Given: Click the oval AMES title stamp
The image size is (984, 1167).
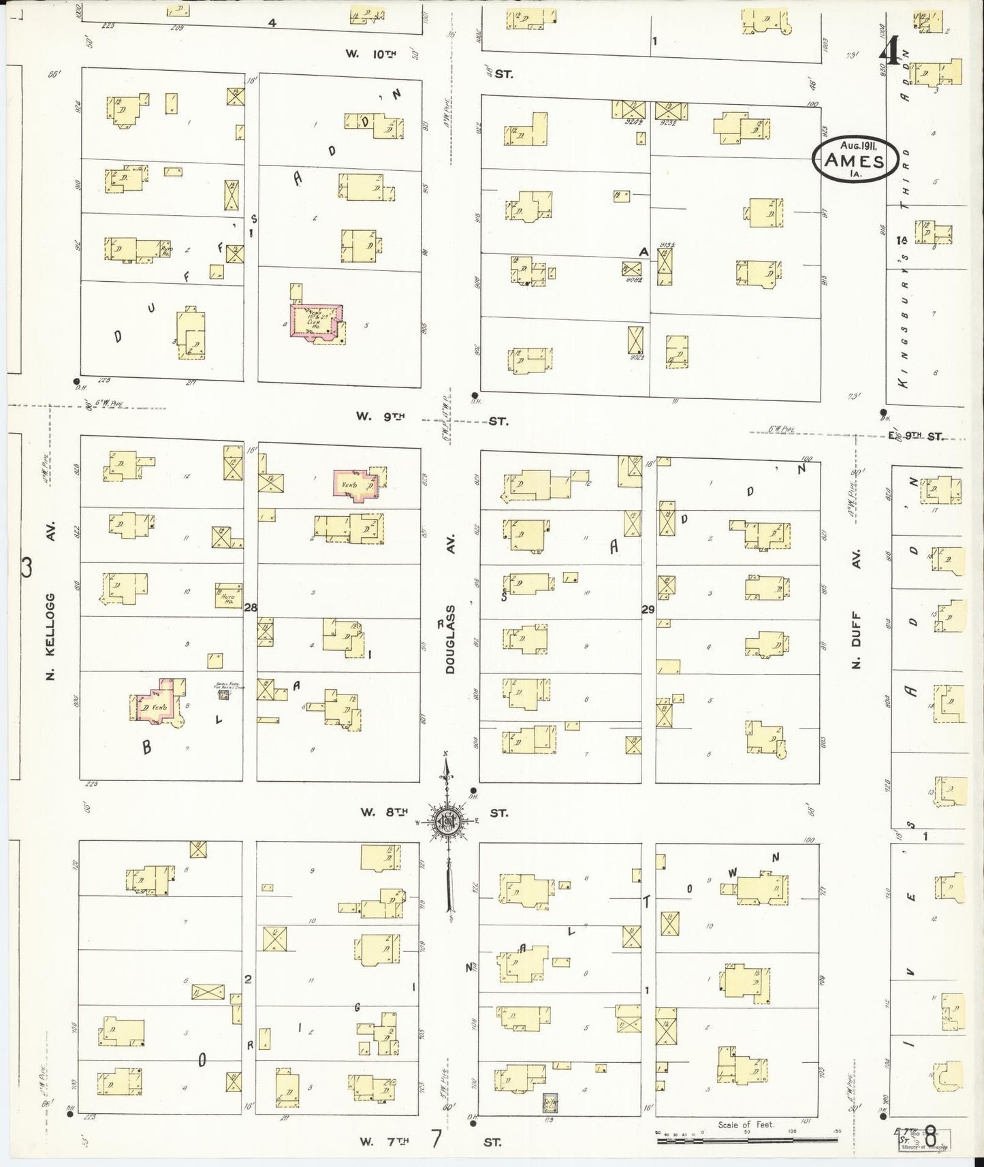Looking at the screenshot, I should [x=855, y=160].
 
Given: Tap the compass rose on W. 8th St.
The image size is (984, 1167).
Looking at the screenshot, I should [x=447, y=822].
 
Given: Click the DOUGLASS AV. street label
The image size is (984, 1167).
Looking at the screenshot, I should [x=450, y=639].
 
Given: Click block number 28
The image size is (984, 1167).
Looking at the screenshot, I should [x=250, y=608].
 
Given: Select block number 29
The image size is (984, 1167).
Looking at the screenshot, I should [x=647, y=609].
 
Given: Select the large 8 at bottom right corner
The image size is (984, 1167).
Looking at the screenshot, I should [x=930, y=1138].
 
